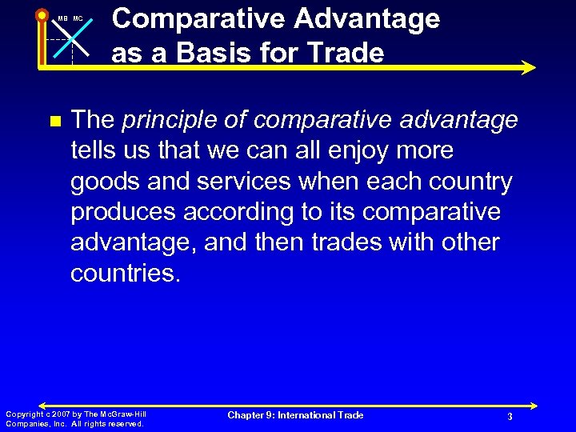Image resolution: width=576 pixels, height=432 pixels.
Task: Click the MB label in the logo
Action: tap(63, 18)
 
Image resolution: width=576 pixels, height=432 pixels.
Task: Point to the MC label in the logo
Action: tap(78, 18)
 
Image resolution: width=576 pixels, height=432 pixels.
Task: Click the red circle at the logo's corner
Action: tap(42, 14)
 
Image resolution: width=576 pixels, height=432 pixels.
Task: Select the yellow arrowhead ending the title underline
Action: tap(528, 68)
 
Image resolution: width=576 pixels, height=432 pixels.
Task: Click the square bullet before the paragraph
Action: tap(54, 122)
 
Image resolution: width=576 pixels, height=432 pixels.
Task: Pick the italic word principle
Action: tap(166, 120)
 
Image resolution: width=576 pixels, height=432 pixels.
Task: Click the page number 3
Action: tap(509, 417)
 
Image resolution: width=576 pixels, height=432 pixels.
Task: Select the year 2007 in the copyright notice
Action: tap(59, 414)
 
